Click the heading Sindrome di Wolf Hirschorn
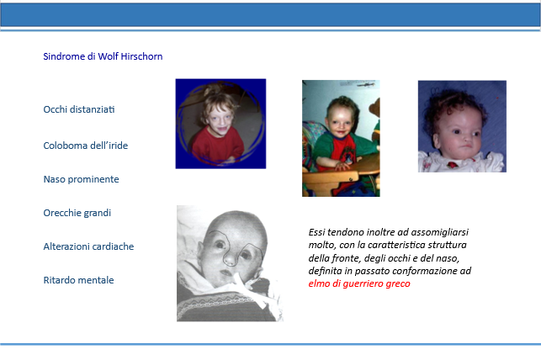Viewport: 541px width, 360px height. (103, 56)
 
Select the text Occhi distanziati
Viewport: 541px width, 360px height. (79, 109)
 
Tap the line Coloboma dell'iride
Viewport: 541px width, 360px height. (86, 146)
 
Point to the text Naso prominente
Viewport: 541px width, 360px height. (81, 179)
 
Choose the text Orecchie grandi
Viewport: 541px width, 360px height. (77, 213)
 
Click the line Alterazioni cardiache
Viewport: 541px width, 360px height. (88, 246)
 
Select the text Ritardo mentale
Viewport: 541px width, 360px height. (78, 280)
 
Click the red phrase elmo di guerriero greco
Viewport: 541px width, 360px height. (359, 283)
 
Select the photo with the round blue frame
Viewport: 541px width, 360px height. (220, 124)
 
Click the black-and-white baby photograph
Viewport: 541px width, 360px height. (230, 263)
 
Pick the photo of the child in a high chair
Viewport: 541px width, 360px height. (341, 138)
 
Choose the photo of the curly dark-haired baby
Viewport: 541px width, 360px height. (463, 126)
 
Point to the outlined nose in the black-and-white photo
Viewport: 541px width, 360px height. (231, 257)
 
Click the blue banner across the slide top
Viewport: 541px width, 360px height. (271, 15)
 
